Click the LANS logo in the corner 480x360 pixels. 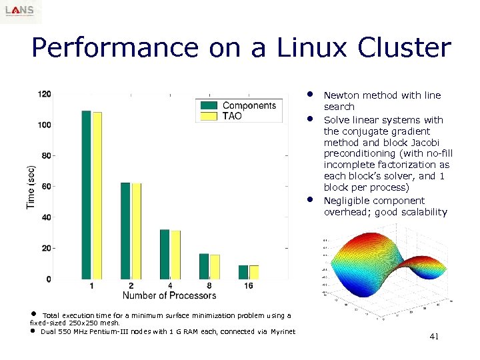click(x=21, y=11)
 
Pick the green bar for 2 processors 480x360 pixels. click(x=125, y=231)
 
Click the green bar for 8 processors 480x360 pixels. click(x=204, y=266)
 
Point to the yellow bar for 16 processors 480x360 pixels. click(x=254, y=272)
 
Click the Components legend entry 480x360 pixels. click(x=248, y=105)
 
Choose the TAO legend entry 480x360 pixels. click(x=232, y=116)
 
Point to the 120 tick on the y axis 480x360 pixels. click(x=45, y=94)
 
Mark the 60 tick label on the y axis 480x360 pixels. click(x=47, y=187)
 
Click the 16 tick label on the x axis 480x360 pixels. click(x=249, y=286)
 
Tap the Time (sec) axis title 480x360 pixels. click(x=31, y=187)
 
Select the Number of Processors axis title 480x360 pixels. click(x=169, y=295)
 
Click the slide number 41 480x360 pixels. click(x=433, y=337)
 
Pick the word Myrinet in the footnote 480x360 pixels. click(x=283, y=331)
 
